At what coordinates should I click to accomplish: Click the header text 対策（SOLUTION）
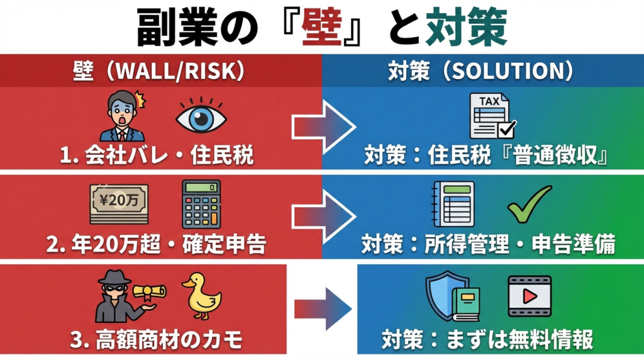point(481,71)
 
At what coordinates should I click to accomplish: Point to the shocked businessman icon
point(122,116)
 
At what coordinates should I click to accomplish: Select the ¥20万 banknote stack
point(119,204)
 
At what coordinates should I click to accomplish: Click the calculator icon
point(201,204)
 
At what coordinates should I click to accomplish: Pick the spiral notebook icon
point(453,204)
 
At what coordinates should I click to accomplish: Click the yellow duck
point(202,296)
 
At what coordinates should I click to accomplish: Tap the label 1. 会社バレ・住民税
point(157,155)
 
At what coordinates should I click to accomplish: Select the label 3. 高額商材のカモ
point(157,340)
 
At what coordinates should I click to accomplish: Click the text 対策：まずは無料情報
point(487,340)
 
